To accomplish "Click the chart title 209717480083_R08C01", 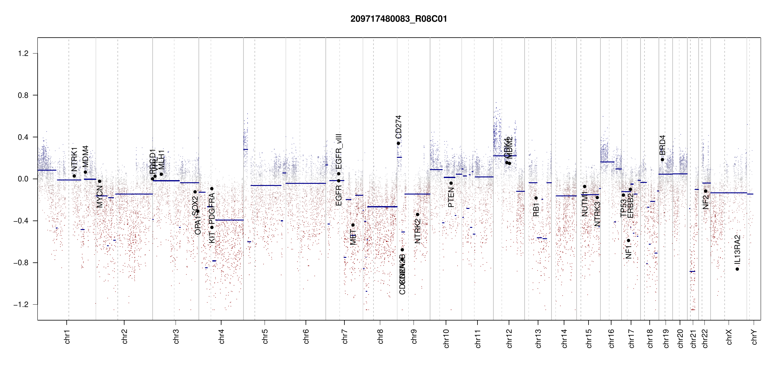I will [399, 19].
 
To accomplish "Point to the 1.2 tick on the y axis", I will [23, 54].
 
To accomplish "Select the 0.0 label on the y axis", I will [23, 179].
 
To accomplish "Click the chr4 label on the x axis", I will [221, 336].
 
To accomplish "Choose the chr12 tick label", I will [509, 338].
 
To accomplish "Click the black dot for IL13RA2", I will [737, 269].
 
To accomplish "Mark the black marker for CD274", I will [398, 143].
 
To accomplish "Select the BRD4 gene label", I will [662, 145].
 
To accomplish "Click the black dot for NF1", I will [628, 240].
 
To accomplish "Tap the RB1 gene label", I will [536, 210].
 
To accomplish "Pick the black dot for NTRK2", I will [418, 214].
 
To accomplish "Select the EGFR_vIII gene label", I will [339, 151].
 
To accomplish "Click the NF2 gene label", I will [705, 202].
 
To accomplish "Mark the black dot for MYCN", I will [99, 181].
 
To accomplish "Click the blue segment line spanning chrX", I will [728, 193].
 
